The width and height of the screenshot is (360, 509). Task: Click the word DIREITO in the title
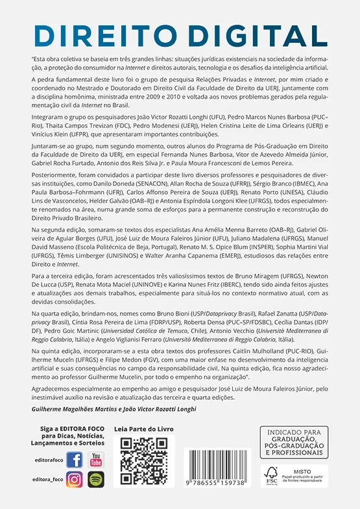(x=110, y=34)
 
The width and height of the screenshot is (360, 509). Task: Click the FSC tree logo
(x=271, y=475)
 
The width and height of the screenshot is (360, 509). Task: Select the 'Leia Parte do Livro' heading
(x=144, y=430)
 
